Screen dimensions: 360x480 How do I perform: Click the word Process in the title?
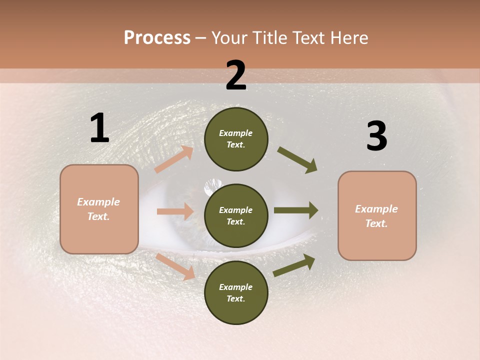coord(157,38)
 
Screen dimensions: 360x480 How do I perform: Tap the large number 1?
coord(99,128)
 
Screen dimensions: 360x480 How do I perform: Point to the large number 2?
coord(236,76)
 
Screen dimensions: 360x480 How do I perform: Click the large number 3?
coord(376,136)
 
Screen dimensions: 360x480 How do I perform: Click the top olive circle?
coord(236,139)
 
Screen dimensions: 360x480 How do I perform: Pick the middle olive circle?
coord(236,216)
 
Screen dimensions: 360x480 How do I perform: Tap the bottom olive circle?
coord(236,292)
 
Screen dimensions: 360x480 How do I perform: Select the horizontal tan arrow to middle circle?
coord(175,211)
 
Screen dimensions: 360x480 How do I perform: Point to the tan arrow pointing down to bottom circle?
coord(175,266)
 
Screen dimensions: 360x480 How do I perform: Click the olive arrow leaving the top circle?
coord(297,160)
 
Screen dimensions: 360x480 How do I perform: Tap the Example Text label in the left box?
coord(98,209)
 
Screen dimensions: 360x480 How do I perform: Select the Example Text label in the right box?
coord(376,216)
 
